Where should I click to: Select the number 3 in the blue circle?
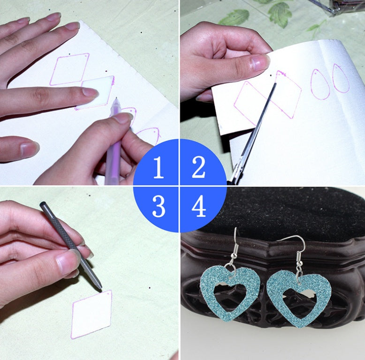[x=159, y=206]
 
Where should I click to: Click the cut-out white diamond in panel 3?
[x=92, y=314]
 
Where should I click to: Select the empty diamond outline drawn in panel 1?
[x=69, y=69]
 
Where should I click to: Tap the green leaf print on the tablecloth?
[x=280, y=15]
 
